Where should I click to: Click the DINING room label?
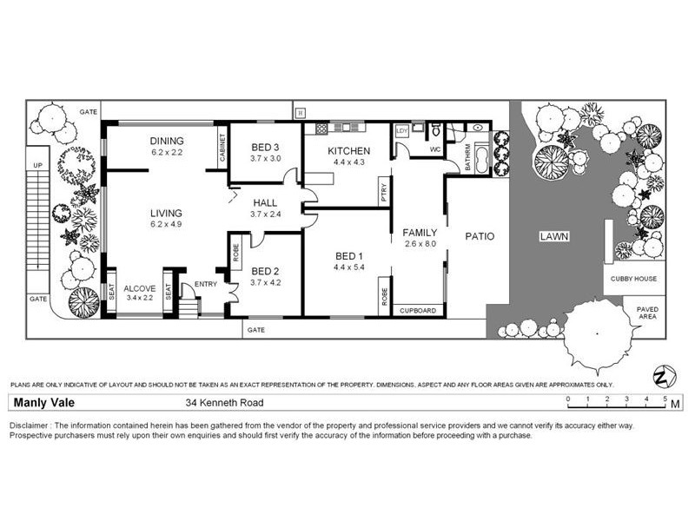tap(166, 141)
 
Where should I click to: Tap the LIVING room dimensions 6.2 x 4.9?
tap(166, 225)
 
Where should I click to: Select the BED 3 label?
tap(265, 147)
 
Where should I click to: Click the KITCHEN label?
tap(348, 150)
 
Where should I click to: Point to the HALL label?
tap(265, 202)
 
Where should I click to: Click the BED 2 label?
tap(265, 270)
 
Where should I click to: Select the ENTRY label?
tap(206, 284)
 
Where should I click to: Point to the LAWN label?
tap(553, 235)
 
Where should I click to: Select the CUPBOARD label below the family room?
tap(418, 310)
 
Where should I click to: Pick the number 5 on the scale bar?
tap(665, 399)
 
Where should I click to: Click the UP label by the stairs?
tap(36, 164)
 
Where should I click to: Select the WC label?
tap(437, 148)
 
